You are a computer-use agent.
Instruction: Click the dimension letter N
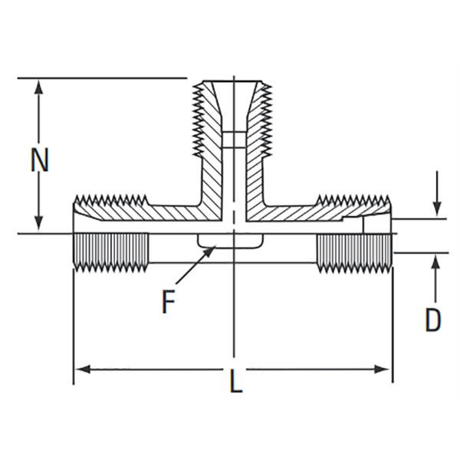[40, 161]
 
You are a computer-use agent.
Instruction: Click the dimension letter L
[236, 382]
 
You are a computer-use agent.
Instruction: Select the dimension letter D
[433, 320]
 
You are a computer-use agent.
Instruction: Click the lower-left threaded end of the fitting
[111, 251]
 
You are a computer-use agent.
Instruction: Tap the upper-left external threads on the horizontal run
[112, 203]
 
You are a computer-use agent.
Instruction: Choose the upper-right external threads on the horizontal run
[353, 203]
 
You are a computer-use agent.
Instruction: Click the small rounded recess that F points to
[230, 242]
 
